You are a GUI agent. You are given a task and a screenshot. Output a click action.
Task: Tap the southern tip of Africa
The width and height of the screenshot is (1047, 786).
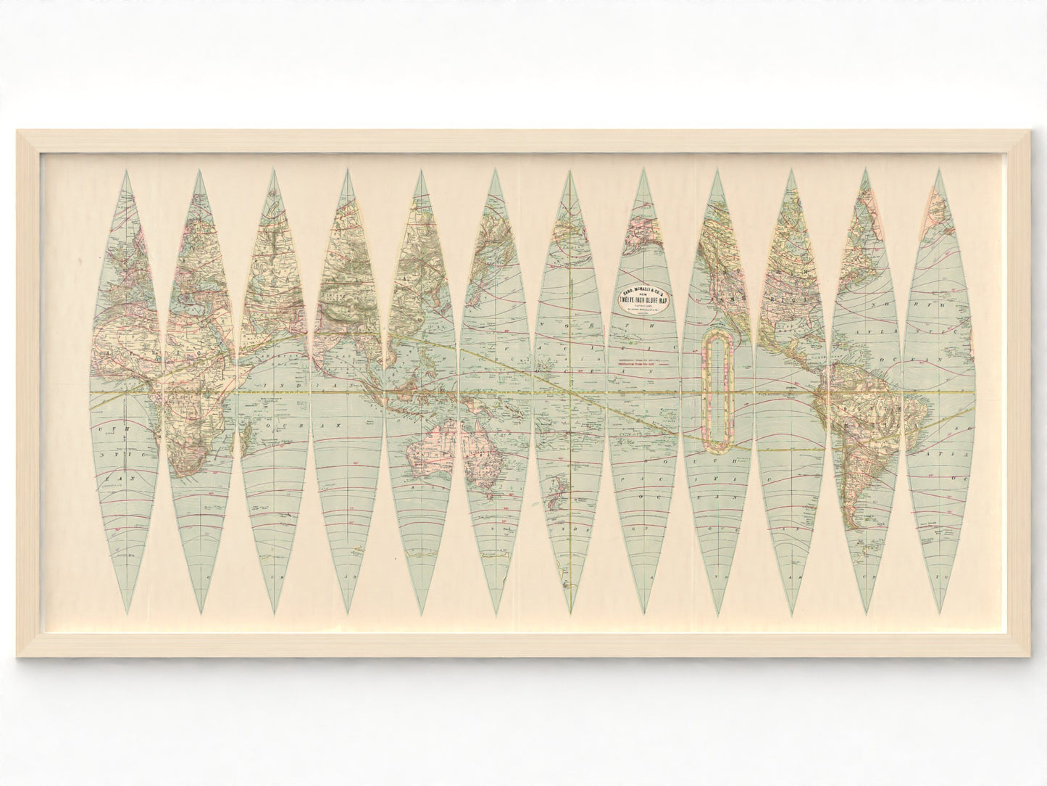click(190, 475)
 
